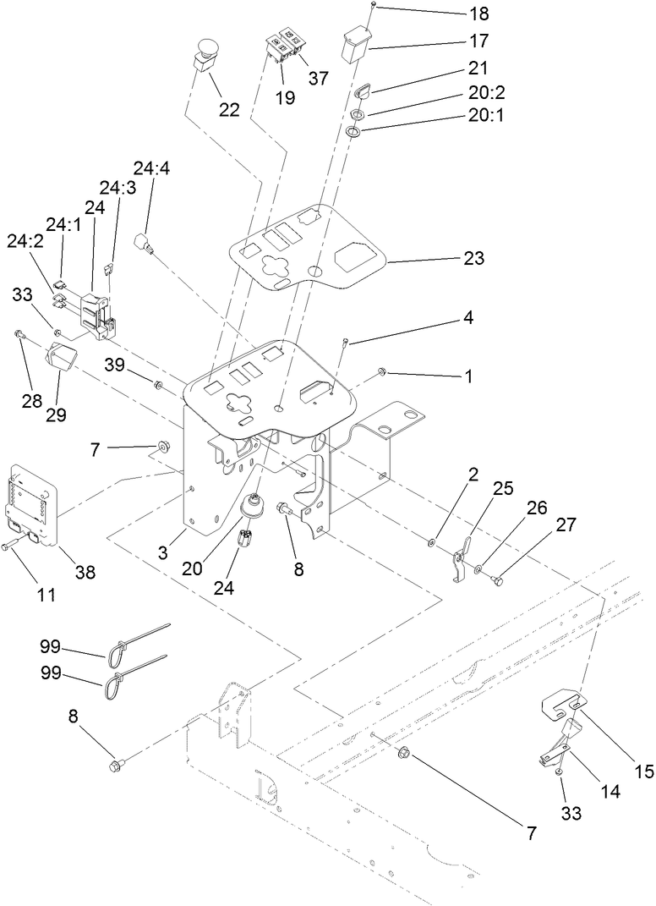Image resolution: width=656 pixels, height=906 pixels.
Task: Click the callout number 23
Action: point(473,258)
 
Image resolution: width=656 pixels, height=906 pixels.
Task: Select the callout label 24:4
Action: point(150,169)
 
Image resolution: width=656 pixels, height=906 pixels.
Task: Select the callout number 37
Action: point(319,79)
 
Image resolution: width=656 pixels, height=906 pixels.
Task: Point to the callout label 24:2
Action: point(25,241)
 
